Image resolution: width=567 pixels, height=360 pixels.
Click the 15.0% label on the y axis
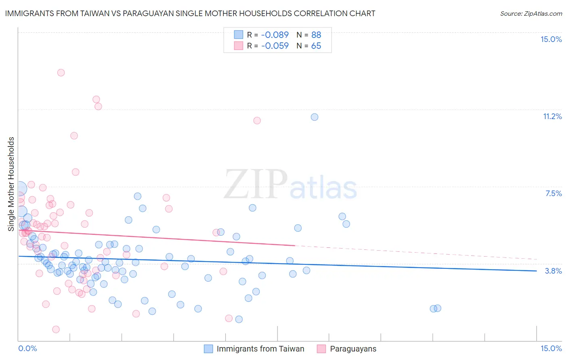551,39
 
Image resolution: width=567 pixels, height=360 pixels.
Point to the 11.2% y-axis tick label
552,116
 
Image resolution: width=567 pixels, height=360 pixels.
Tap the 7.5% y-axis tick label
553,193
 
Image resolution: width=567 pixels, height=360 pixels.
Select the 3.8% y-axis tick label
553,271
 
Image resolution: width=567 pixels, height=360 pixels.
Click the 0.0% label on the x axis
27,348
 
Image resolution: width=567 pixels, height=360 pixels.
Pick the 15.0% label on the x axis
551,348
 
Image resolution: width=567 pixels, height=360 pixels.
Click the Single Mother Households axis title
11,184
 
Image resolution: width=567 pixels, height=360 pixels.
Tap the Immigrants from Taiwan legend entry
260,349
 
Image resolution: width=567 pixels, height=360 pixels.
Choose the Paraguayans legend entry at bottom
353,349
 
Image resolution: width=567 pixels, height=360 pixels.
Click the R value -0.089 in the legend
275,35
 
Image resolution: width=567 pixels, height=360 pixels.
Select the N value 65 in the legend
316,46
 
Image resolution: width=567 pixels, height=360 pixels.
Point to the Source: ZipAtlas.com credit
531,13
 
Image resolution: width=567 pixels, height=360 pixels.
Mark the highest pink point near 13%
61,73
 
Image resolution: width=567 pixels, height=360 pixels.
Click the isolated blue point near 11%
315,117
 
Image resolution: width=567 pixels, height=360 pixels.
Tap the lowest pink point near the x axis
56,329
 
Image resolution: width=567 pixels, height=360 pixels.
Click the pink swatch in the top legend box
239,46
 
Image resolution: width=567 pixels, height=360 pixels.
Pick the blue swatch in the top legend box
239,35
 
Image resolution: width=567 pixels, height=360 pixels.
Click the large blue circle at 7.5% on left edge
20,188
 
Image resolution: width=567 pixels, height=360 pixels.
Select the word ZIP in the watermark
256,184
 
